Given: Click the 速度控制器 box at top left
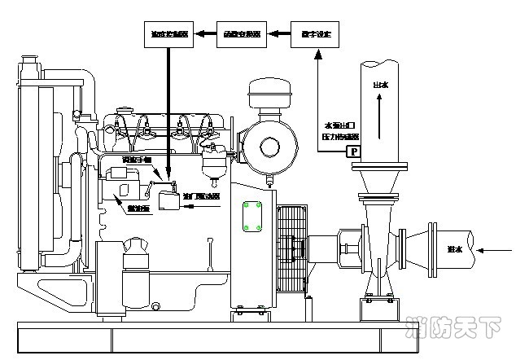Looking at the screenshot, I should (x=168, y=35).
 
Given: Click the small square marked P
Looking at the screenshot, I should (x=353, y=151).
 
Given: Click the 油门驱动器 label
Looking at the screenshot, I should (x=201, y=196).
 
